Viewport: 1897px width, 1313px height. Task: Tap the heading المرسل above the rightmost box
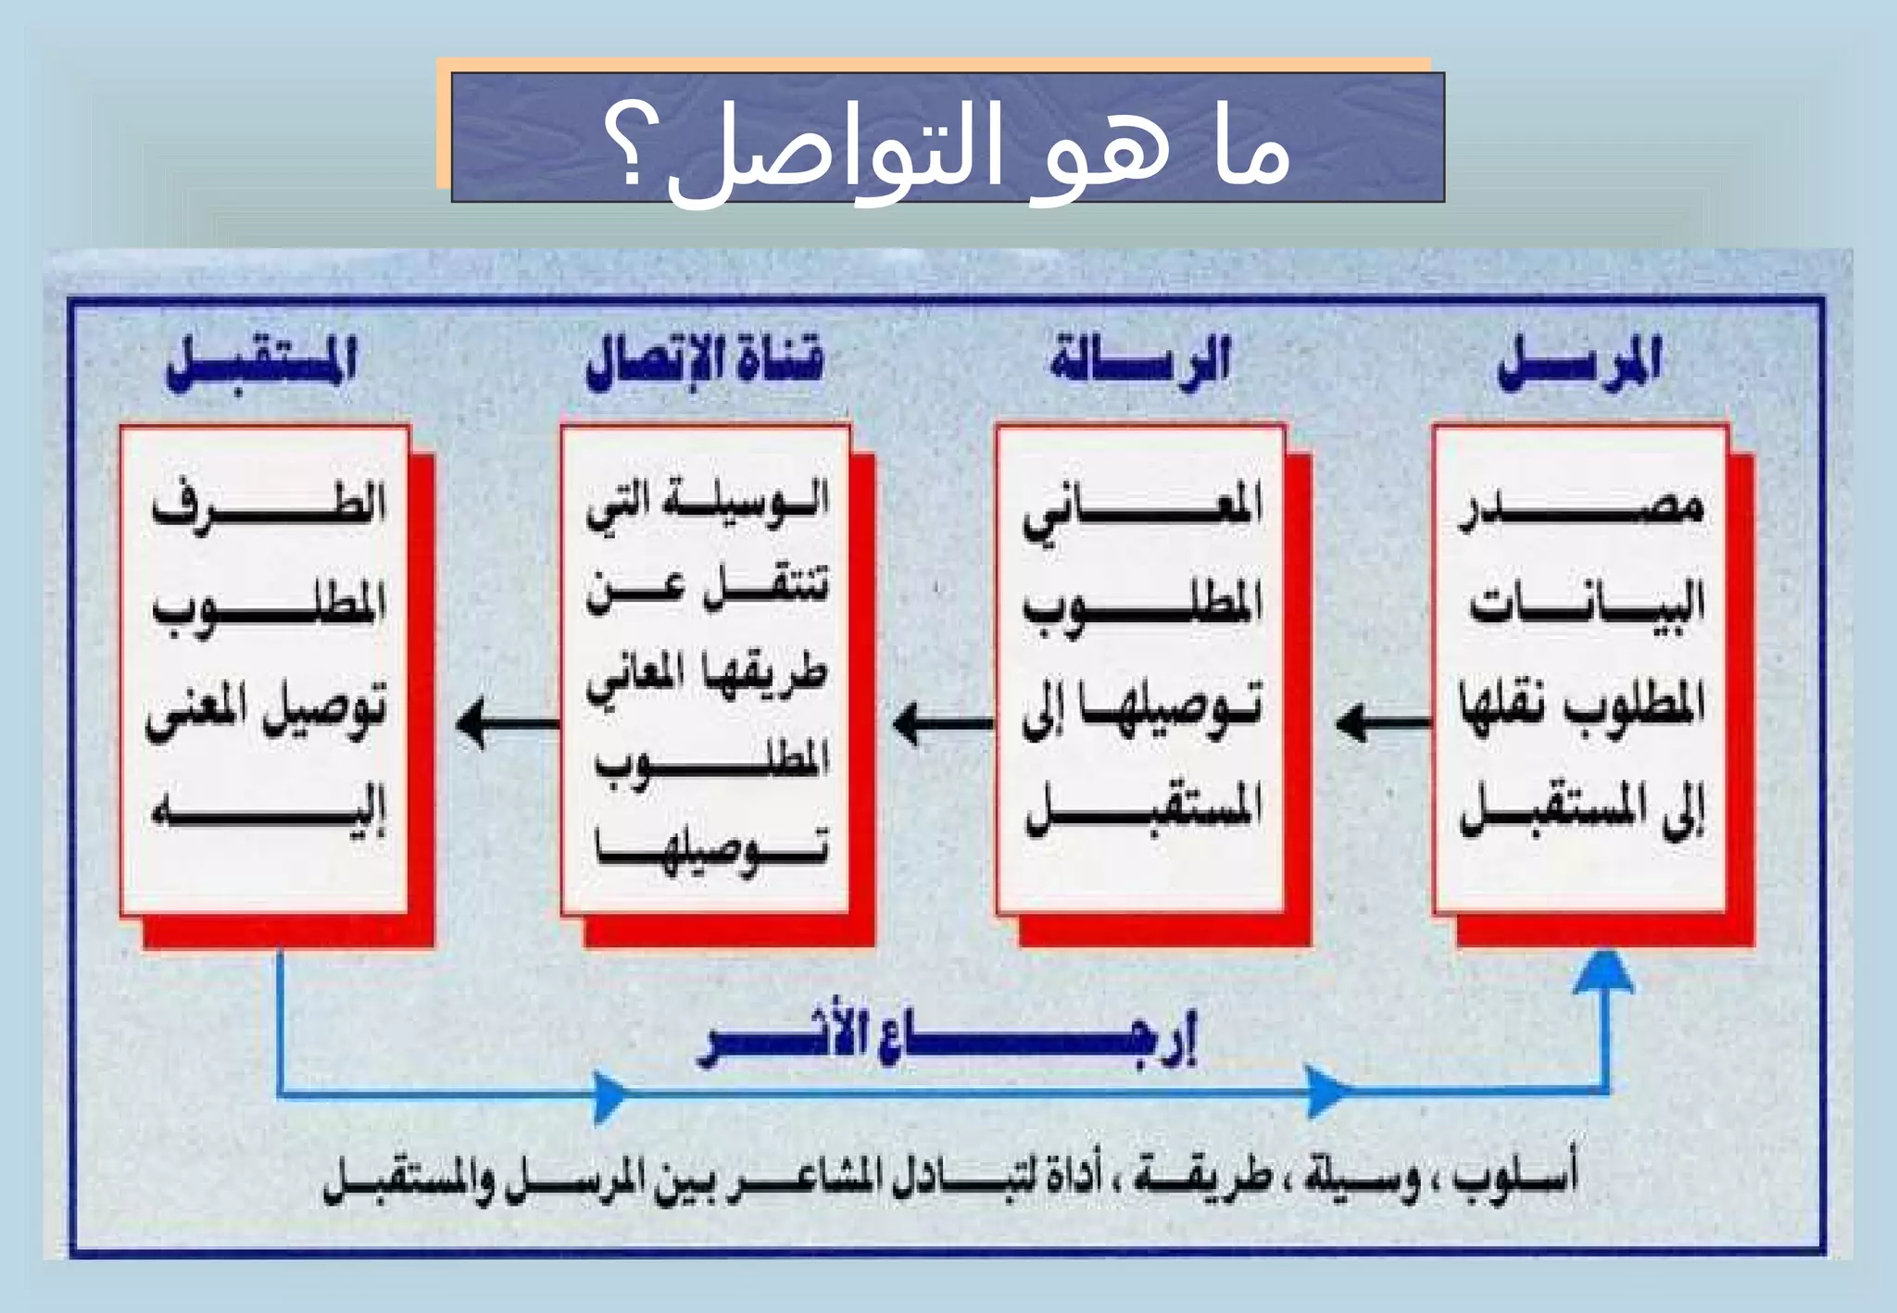tap(1580, 363)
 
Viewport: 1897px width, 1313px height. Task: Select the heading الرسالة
tap(1140, 361)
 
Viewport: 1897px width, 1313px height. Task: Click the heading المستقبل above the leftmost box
tap(262, 363)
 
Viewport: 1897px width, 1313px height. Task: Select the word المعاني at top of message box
tap(1142, 509)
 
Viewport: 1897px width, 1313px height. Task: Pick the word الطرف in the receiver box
tap(269, 505)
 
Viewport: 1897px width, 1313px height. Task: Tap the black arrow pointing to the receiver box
tap(506, 721)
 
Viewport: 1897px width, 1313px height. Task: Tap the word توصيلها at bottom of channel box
tap(711, 848)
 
